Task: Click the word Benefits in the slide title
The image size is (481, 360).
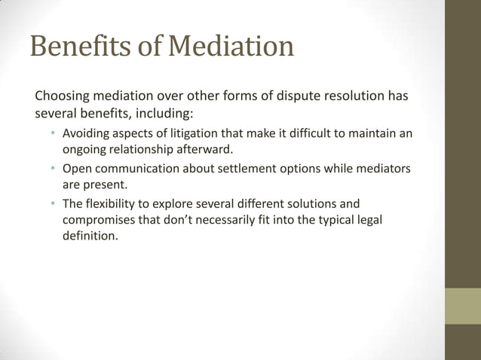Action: coord(76,47)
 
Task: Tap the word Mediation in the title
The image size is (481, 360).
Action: coord(230,47)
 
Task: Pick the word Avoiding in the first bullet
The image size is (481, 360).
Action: coord(86,134)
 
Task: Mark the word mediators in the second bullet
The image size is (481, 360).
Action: coord(381,169)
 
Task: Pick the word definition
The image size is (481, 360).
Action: coord(90,236)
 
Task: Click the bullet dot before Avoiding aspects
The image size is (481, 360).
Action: coord(53,134)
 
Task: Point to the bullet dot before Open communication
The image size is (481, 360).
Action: coord(53,169)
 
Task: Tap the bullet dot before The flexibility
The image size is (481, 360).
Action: coord(53,203)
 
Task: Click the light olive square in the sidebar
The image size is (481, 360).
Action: coord(462,306)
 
